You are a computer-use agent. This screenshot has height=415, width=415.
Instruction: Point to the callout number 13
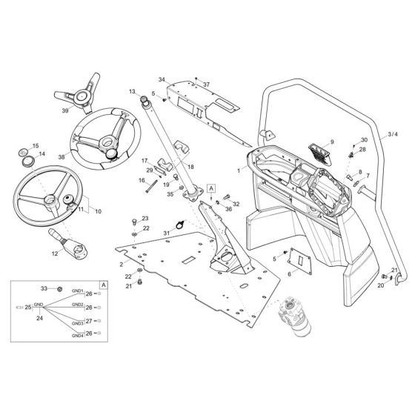click(x=132, y=91)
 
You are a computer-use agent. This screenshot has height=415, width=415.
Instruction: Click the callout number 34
click(x=162, y=79)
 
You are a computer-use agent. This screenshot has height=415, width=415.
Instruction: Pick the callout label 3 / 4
click(x=394, y=136)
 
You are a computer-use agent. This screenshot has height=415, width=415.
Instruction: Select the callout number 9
click(x=332, y=142)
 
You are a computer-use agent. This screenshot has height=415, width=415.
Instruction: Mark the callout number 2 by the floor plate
click(x=121, y=264)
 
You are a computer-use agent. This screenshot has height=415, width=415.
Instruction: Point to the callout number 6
click(x=290, y=274)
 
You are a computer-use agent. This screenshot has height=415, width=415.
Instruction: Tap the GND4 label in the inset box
click(x=78, y=336)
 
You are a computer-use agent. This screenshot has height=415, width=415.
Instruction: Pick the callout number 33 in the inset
click(x=43, y=288)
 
